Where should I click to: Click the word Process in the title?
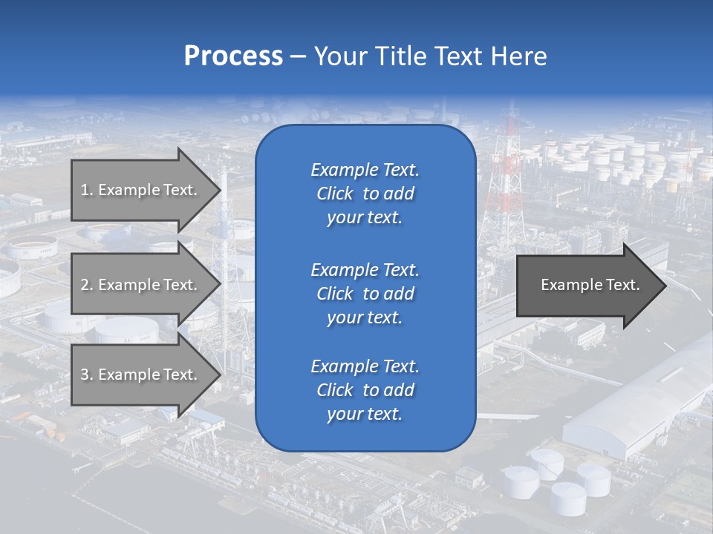(233, 56)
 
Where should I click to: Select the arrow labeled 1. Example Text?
(141, 190)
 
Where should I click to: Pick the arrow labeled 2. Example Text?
(141, 285)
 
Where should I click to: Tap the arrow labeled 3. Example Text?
(141, 375)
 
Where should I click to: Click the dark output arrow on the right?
(587, 285)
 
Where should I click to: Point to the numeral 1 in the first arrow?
(85, 190)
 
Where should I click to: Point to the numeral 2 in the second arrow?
(85, 285)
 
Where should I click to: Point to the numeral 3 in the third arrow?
(85, 375)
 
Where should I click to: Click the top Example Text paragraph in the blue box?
(365, 194)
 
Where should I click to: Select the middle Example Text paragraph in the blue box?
(365, 294)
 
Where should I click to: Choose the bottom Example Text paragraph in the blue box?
(365, 390)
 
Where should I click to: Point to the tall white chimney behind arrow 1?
(224, 222)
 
